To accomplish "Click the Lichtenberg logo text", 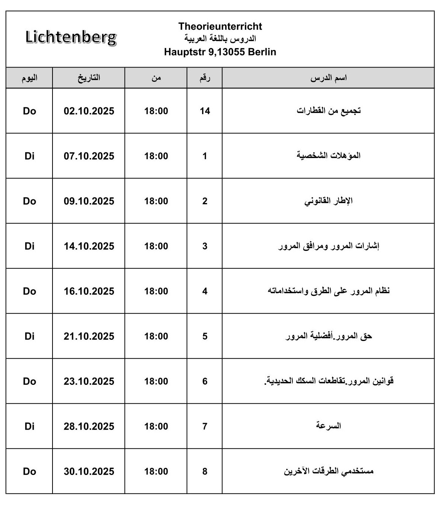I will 71,38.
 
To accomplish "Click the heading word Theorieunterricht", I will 220,26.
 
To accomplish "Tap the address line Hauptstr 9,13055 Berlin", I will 220,52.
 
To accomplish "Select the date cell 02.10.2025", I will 89,111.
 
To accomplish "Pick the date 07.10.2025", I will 89,156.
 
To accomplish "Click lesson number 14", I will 205,111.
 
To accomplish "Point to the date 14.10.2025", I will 89,246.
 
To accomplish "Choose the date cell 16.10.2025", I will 89,291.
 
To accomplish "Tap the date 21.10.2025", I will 89,336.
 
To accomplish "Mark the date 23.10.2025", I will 89,381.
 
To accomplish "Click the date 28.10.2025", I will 89,427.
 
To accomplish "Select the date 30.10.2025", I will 89,472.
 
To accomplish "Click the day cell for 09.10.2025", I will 30,201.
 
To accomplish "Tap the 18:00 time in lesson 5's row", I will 156,336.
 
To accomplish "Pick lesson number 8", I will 205,472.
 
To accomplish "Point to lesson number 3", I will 205,246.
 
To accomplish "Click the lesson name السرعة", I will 328,426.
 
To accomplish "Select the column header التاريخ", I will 89,78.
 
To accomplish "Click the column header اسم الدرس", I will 328,78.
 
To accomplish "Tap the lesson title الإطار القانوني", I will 328,201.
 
